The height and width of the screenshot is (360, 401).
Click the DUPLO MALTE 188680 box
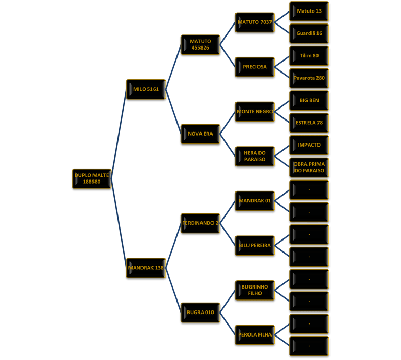click(x=91, y=178)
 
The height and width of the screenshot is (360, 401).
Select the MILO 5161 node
click(x=146, y=89)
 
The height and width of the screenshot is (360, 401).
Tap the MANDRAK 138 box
click(x=146, y=268)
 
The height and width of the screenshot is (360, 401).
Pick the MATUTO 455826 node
click(x=200, y=44)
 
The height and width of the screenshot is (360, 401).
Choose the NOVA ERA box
click(x=200, y=134)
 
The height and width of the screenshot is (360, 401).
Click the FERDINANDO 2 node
click(x=200, y=223)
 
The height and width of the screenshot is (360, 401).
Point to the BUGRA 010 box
click(x=200, y=313)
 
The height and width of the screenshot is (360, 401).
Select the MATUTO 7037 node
click(x=255, y=22)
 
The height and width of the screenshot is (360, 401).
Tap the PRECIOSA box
click(x=255, y=67)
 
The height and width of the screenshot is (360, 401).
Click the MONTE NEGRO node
click(x=255, y=112)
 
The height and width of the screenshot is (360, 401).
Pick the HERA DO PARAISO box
click(x=255, y=156)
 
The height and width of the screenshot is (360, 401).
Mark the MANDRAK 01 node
click(x=255, y=201)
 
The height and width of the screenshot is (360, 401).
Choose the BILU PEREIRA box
click(x=255, y=245)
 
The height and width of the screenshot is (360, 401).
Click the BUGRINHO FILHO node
click(x=255, y=290)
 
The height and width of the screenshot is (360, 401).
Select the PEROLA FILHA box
click(x=255, y=334)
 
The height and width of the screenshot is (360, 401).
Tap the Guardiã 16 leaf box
click(x=309, y=33)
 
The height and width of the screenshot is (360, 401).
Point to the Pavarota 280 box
click(x=309, y=78)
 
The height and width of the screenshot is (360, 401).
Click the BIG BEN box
click(x=309, y=100)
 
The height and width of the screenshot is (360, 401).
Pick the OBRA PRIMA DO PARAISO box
click(x=309, y=167)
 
